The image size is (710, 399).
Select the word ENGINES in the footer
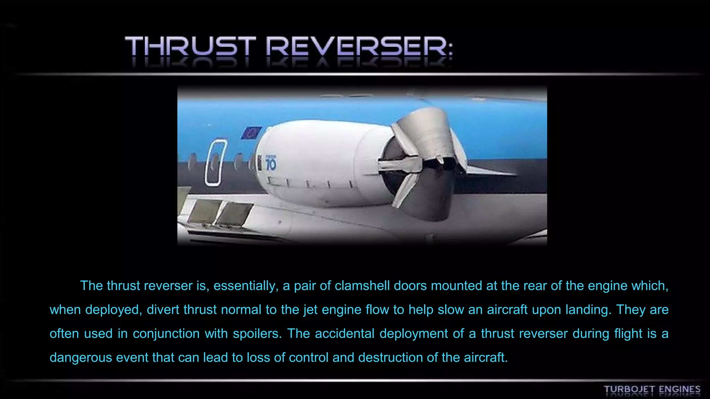point(679,389)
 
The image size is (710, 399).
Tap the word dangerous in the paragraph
point(80,357)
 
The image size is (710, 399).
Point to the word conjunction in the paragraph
point(166,334)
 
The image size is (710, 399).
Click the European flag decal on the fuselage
point(251,133)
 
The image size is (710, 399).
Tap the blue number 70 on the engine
point(271,164)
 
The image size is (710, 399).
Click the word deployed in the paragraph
point(113,310)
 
